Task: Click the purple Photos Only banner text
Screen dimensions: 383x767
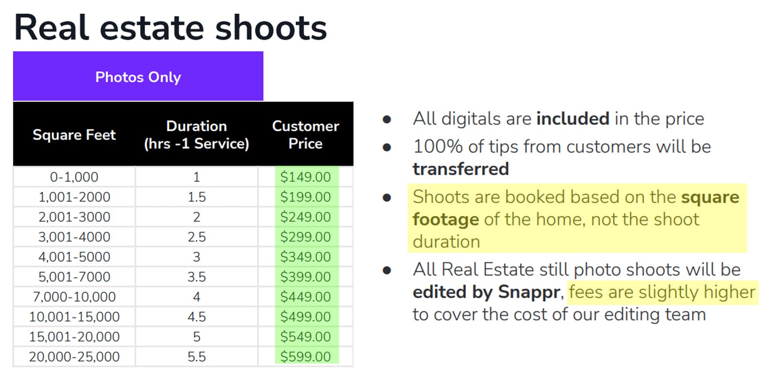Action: click(138, 77)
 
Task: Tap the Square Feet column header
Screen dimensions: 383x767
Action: click(74, 135)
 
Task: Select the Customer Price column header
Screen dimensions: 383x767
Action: click(306, 135)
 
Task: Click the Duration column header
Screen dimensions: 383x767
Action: click(196, 135)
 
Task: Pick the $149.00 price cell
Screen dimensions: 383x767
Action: click(306, 177)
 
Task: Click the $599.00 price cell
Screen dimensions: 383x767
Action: click(306, 356)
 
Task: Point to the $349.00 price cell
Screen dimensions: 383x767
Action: click(306, 257)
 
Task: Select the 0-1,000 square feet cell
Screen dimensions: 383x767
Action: click(74, 177)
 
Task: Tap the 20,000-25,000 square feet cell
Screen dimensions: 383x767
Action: click(74, 356)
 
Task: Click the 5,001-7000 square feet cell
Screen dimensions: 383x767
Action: click(74, 276)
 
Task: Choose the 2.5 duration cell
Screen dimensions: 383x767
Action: click(196, 237)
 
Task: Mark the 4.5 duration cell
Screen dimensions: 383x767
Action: click(196, 317)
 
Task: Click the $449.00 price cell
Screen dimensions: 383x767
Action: click(306, 296)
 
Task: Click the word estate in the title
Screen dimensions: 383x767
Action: click(152, 28)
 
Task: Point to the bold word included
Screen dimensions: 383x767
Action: click(572, 119)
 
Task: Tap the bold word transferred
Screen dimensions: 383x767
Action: click(460, 169)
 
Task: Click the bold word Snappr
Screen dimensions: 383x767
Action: click(529, 292)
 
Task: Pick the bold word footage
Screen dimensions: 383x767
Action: click(445, 219)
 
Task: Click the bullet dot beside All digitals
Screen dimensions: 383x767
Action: click(386, 119)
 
